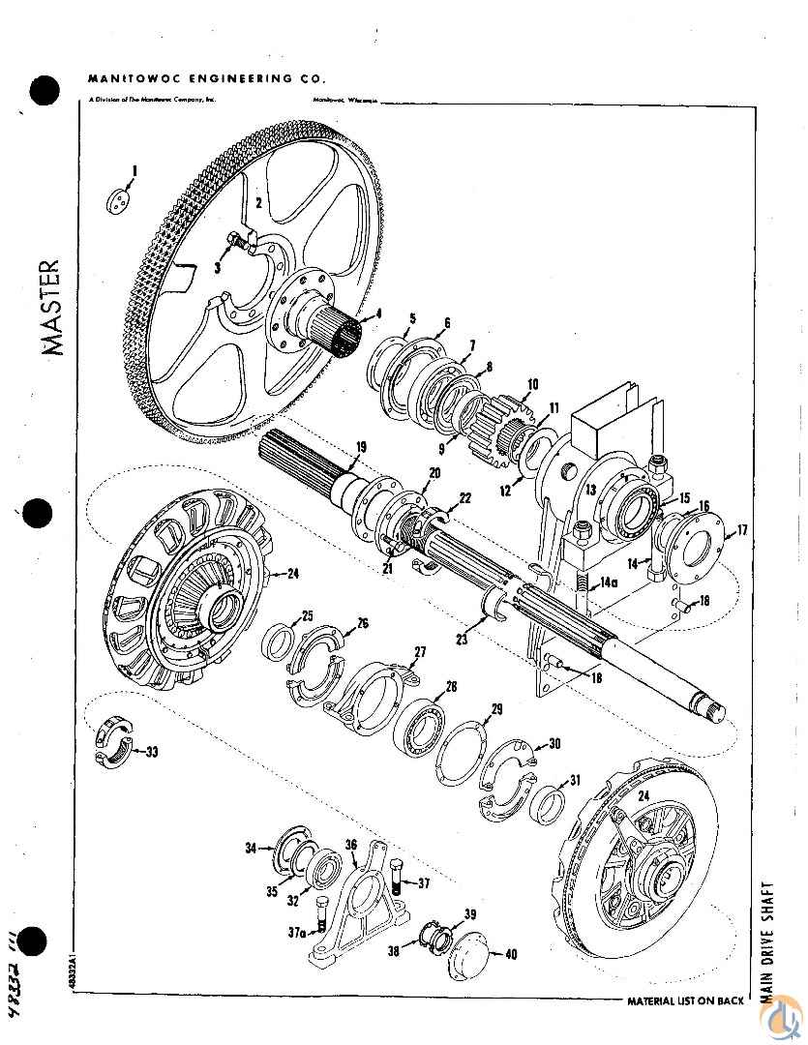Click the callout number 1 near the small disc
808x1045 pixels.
pos(135,171)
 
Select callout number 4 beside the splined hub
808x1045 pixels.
pos(379,313)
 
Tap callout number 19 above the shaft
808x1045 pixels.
pos(360,446)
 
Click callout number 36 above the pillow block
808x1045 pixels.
pos(351,845)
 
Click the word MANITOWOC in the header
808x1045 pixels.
pos(125,77)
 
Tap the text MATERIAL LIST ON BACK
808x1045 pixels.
pos(685,1000)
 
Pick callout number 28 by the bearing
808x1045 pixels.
pos(450,688)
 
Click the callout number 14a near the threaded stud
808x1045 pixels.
pos(609,584)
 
